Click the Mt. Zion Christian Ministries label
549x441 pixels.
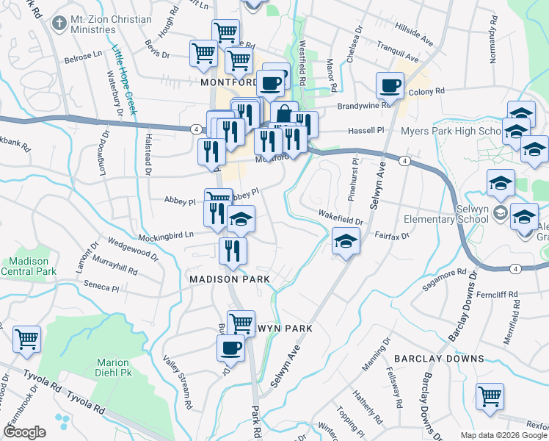pos(93,24)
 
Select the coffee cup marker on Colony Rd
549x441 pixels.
pos(390,85)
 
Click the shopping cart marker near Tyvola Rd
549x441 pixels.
pos(27,339)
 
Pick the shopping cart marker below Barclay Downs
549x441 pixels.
pos(490,396)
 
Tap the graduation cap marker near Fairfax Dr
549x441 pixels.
pos(345,241)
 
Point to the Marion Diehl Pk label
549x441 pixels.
pos(112,367)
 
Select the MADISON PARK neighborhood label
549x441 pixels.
pos(230,279)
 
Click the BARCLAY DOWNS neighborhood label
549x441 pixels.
pos(439,358)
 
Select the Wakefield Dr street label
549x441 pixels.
pos(341,218)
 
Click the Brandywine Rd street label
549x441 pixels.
pos(363,106)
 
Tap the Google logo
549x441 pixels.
pos(25,432)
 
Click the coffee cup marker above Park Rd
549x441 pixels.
pos(231,347)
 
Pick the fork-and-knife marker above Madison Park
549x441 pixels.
pos(233,251)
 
